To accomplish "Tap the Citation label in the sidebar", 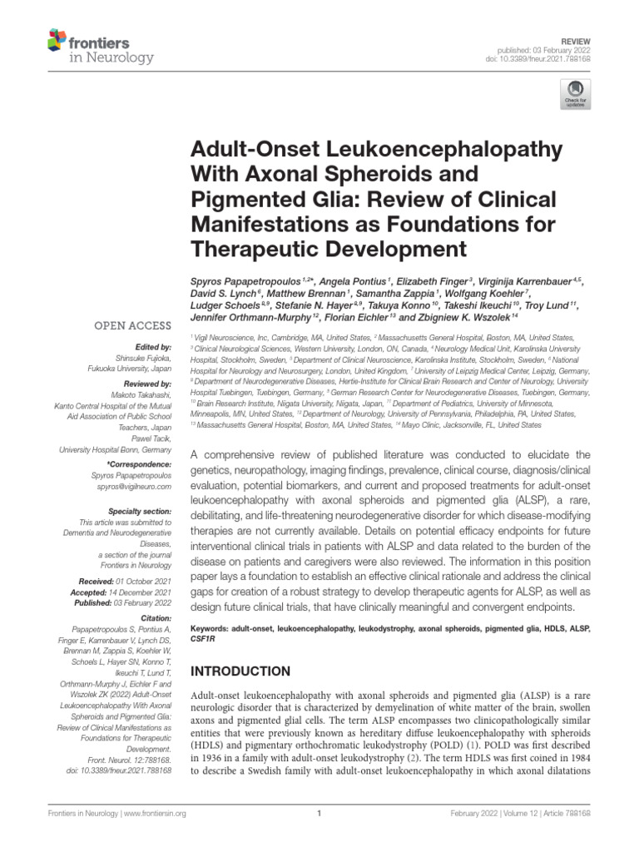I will pyautogui.click(x=155, y=618).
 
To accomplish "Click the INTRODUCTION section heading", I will pyautogui.click(x=240, y=671).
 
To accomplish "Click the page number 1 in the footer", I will pyautogui.click(x=319, y=814).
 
